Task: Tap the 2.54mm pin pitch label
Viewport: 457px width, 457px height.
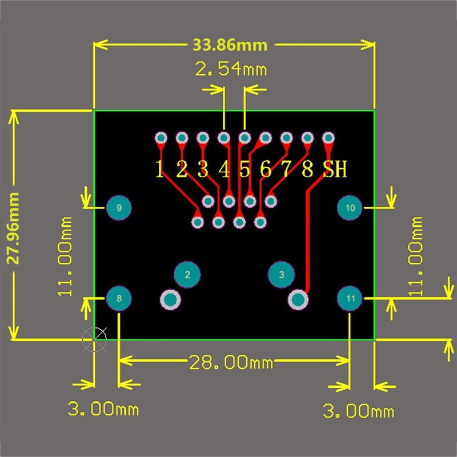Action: tap(231, 70)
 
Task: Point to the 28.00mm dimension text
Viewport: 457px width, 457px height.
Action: tap(231, 362)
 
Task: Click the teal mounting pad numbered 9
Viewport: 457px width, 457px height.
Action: tap(119, 208)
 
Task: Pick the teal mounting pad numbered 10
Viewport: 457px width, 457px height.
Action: tap(350, 208)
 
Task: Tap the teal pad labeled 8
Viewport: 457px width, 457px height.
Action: tap(119, 298)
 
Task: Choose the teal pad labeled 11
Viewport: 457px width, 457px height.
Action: tap(350, 298)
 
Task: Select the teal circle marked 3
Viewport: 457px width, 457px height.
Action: tap(281, 275)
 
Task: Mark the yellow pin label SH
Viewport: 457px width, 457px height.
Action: tap(334, 170)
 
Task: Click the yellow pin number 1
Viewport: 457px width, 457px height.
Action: tap(160, 170)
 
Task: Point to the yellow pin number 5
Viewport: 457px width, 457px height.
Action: tap(244, 170)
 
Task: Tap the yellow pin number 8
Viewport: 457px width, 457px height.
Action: tap(307, 170)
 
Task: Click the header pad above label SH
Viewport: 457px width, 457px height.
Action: tap(328, 138)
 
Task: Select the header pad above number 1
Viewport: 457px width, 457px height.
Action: tap(161, 138)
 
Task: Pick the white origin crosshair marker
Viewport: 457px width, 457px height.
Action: tap(94, 340)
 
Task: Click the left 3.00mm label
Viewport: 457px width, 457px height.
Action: tap(103, 409)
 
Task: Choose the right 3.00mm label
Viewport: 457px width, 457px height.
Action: tap(359, 411)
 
